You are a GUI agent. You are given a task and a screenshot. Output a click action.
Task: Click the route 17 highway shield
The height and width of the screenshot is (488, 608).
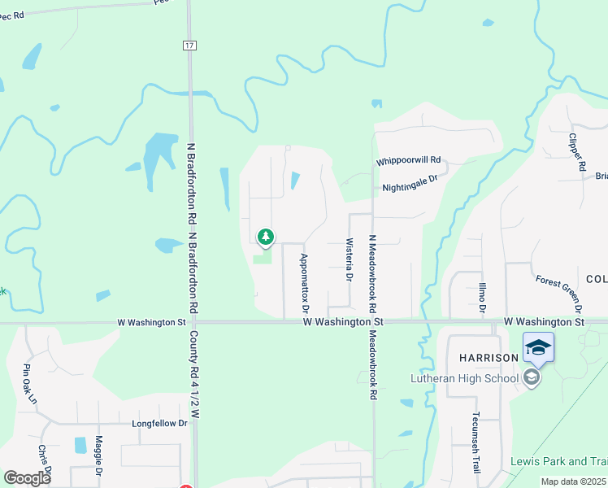189,46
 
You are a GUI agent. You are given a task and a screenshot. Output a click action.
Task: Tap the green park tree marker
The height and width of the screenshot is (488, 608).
265,237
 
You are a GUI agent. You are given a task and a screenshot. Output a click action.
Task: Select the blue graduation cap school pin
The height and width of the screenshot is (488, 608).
538,347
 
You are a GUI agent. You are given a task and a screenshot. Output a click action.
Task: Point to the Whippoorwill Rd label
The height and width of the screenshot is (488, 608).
408,161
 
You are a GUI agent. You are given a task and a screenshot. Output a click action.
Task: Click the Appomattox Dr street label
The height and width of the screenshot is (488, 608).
305,283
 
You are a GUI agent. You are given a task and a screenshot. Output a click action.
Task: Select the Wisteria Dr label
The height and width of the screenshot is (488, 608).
350,260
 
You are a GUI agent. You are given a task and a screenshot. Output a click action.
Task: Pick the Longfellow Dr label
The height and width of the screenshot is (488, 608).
159,423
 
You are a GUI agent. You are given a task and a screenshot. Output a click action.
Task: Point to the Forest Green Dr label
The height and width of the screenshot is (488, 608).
559,293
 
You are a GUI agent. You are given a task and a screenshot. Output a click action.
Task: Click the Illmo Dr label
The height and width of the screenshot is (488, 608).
481,297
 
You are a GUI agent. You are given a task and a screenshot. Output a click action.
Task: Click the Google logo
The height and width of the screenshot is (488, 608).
27,478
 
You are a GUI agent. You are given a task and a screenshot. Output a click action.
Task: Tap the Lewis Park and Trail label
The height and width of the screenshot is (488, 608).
559,461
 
